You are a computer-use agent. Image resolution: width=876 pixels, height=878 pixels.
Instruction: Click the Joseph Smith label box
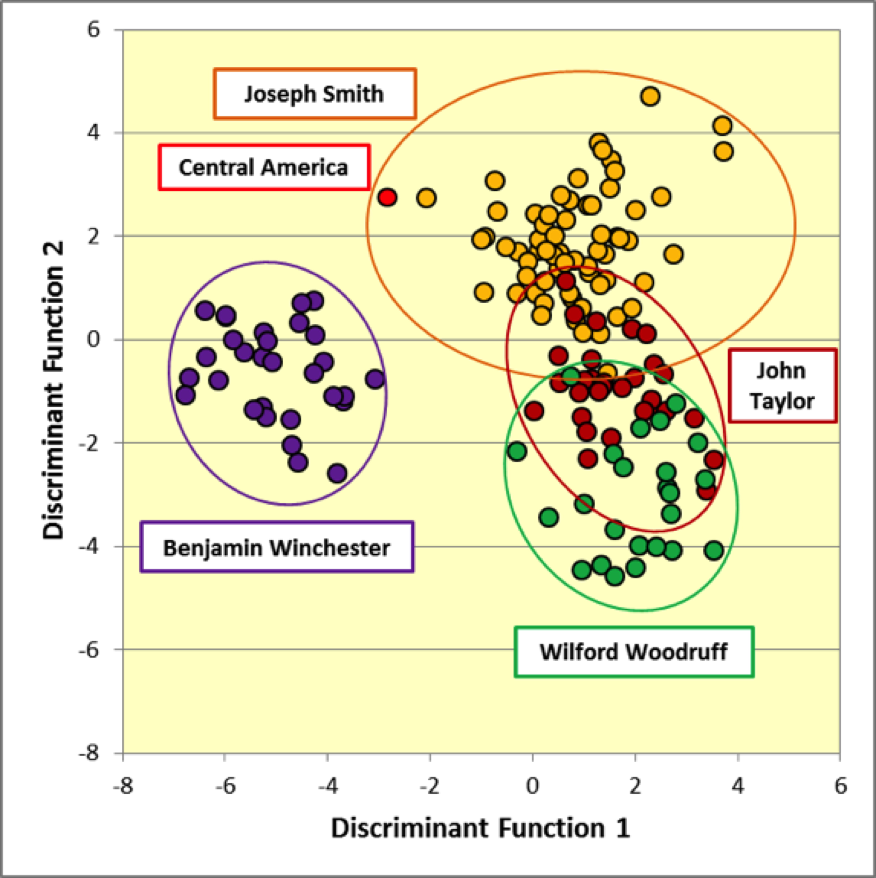315,94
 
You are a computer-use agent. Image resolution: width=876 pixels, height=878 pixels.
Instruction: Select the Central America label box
264,167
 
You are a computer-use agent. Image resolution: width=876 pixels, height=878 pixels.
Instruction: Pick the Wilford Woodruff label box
634,652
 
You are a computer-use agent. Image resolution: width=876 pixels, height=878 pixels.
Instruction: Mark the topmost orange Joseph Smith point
650,96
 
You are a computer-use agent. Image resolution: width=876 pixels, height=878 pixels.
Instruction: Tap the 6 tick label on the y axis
93,30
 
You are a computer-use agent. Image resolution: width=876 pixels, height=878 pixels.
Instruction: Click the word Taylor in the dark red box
782,401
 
